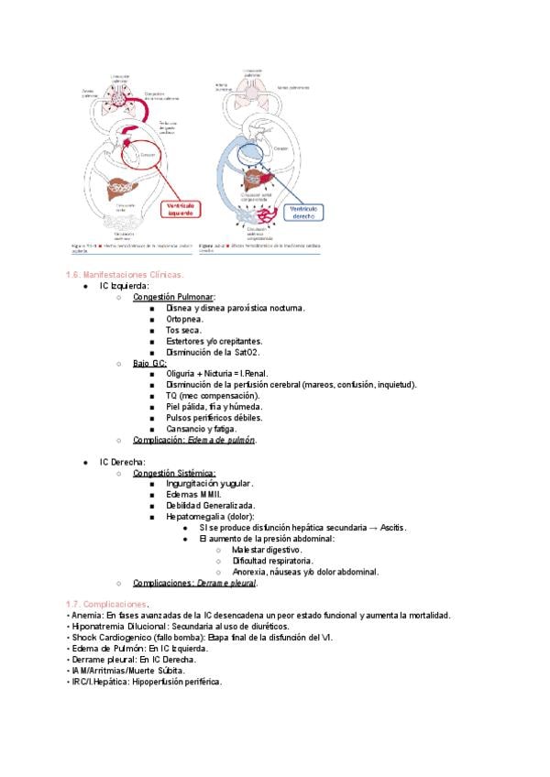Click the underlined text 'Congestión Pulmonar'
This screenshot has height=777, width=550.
174,298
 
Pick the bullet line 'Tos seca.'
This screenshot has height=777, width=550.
184,330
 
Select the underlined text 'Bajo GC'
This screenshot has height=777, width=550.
149,363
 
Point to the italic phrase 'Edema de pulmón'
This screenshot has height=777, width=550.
221,440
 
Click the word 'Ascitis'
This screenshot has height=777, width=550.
390,528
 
